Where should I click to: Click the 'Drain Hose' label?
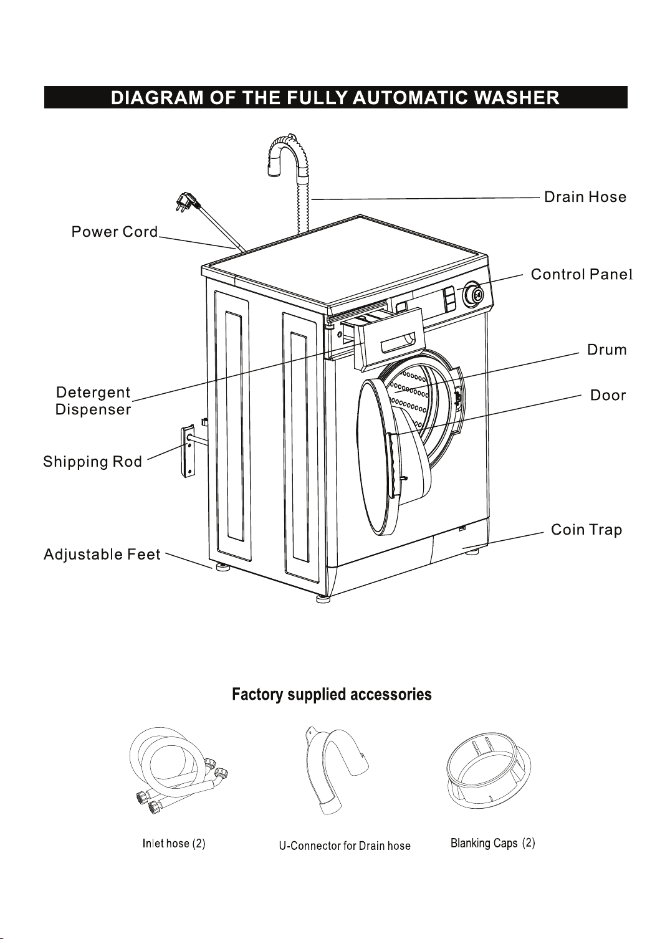pos(585,197)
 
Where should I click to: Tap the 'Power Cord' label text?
pos(115,231)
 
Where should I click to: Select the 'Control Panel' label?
pos(581,274)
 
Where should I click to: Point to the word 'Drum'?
pos(606,350)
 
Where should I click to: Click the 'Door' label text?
pos(608,395)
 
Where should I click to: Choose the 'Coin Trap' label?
pos(586,530)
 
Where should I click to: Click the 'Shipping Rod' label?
pos(93,462)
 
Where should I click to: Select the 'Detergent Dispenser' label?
pos(93,401)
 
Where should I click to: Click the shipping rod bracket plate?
pos(188,451)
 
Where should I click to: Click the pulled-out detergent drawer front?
pos(390,339)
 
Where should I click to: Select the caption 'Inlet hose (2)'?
pos(174,843)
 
